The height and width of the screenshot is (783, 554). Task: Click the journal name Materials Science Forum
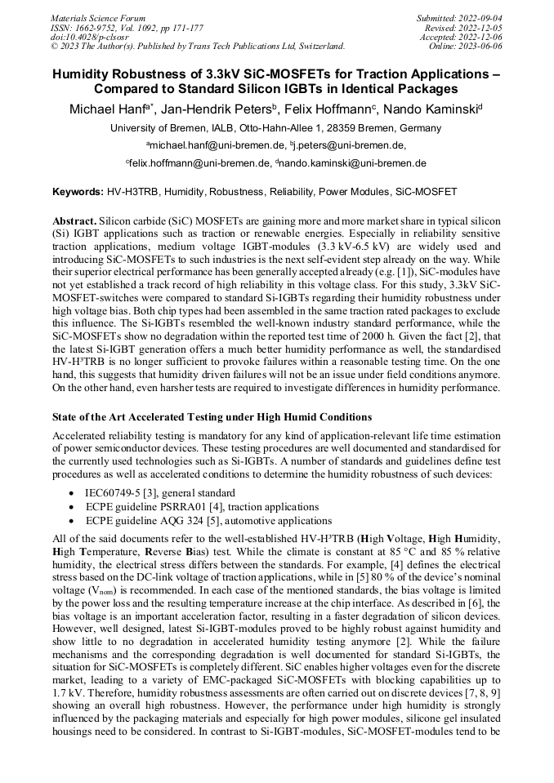click(99, 17)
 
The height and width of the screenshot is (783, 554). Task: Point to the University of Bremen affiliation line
click(275, 128)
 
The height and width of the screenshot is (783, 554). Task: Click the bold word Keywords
click(78, 192)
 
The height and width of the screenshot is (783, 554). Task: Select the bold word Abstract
click(74, 221)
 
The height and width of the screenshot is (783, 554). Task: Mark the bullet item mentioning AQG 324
click(208, 521)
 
